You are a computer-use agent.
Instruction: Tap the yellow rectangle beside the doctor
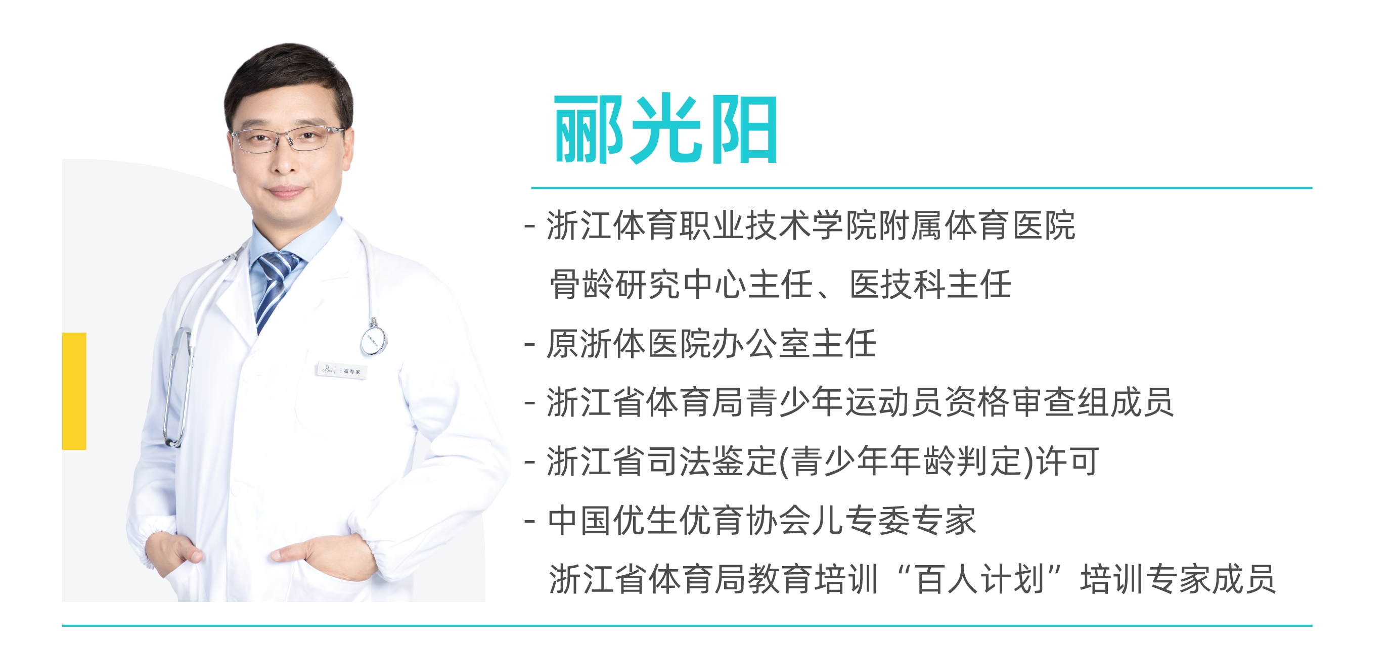tap(74, 391)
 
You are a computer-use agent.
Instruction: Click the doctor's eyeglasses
tap(287, 139)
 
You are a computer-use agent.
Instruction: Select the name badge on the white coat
tap(342, 371)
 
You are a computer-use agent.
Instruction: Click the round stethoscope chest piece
tap(374, 339)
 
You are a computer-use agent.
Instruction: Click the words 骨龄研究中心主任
tap(681, 284)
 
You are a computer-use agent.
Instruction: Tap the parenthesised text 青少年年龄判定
tap(911, 462)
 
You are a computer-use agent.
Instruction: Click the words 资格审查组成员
tap(1059, 402)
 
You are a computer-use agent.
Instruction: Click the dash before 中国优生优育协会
tap(530, 522)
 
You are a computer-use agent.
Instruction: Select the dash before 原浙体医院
tap(530, 345)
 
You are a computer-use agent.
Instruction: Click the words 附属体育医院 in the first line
tap(977, 225)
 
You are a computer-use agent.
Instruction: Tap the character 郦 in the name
tap(590, 129)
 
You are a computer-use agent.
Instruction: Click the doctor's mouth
tap(286, 192)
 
